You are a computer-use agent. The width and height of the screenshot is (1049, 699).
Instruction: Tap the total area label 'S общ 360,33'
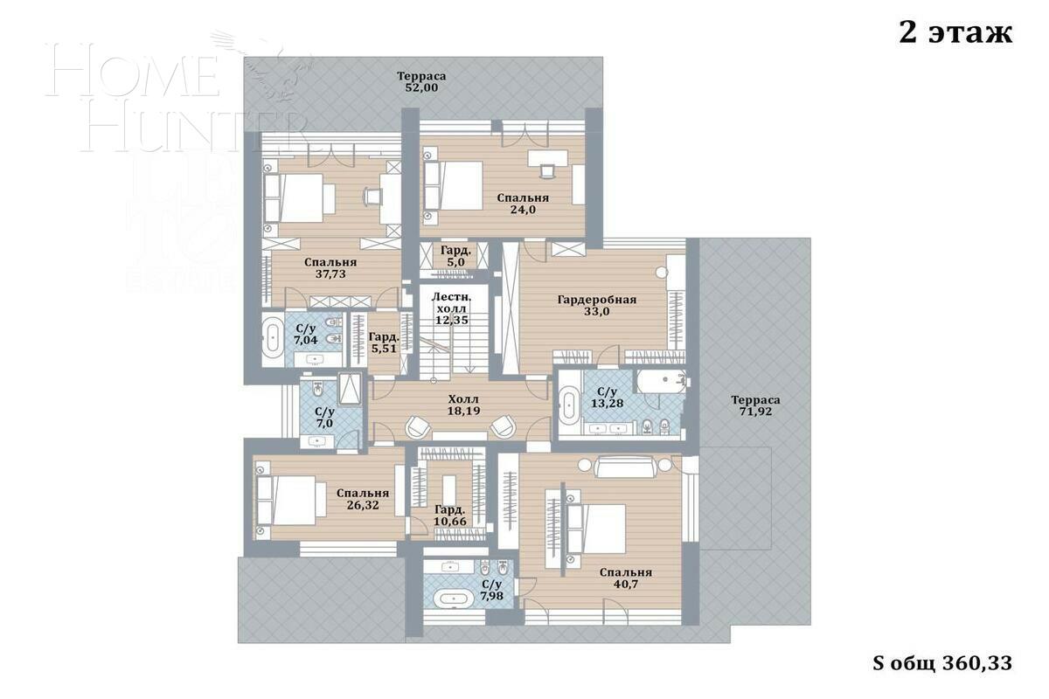pos(942,663)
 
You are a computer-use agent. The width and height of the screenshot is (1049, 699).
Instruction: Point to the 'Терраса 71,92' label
pos(755,406)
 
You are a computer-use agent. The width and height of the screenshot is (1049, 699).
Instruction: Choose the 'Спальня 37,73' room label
pos(330,268)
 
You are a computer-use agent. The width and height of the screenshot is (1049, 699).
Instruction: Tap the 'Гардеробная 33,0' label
pos(597,306)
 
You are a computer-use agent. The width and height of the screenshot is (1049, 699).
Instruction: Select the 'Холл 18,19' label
pos(463,404)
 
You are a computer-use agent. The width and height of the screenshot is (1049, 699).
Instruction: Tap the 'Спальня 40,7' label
pos(625,578)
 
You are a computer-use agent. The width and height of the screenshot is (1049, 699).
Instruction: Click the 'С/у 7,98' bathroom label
pos(491,591)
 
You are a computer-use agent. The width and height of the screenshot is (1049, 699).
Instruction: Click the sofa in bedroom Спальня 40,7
pos(625,468)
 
